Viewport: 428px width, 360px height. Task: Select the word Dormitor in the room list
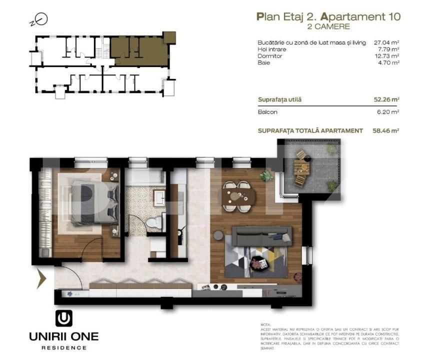click(x=270, y=56)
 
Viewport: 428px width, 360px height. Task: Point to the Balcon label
click(x=267, y=112)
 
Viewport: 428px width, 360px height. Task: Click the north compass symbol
click(x=42, y=19)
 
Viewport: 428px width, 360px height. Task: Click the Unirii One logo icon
click(x=63, y=318)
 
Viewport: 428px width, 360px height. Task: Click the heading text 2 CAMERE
click(x=328, y=26)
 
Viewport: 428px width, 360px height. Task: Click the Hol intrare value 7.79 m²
click(x=389, y=49)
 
